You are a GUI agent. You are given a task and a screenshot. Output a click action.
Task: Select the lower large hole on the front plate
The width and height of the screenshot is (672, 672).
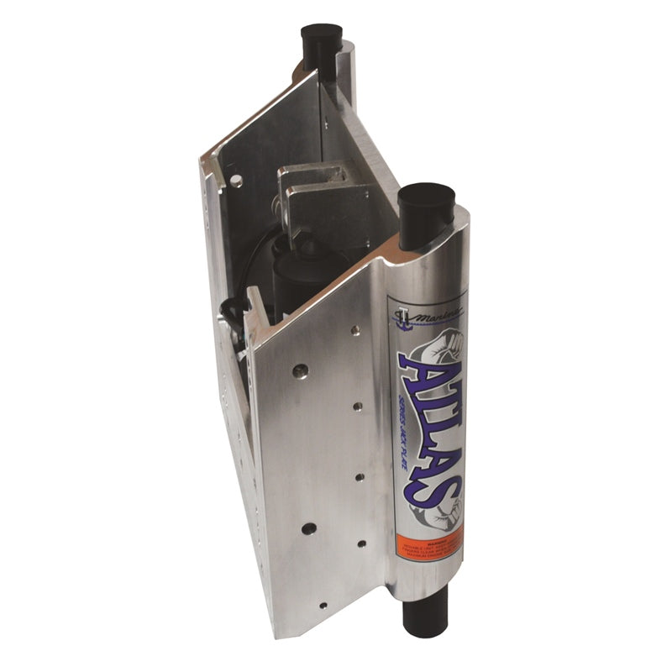click(x=309, y=528)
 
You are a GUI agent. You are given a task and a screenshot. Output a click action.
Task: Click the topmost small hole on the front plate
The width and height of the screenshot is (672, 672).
click(x=358, y=406)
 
